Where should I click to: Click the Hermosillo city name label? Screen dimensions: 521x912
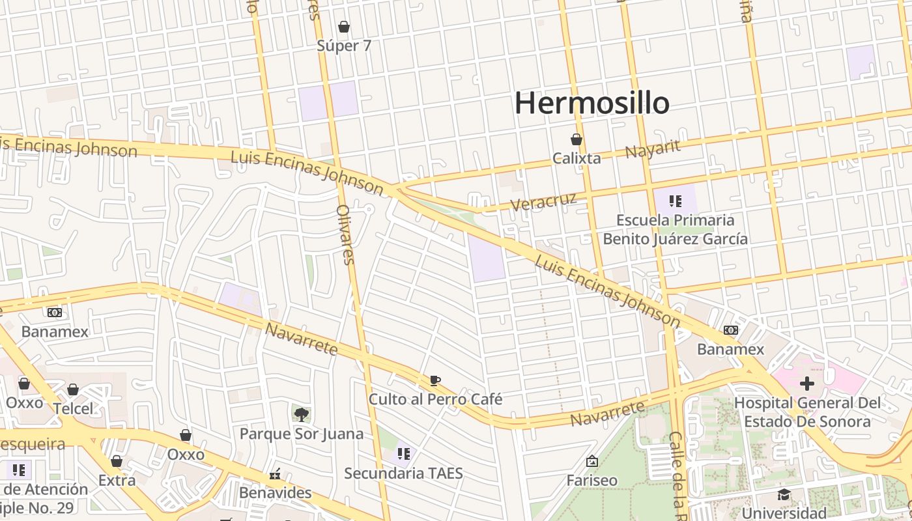(592, 103)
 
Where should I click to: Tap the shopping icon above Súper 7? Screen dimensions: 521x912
(344, 27)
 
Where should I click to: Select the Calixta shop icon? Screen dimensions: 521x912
(577, 139)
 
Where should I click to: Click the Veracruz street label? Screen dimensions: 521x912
(543, 201)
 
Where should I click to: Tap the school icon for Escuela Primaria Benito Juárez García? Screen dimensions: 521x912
(676, 201)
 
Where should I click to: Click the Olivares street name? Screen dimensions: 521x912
(345, 234)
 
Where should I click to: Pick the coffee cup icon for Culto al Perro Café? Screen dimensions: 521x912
(435, 380)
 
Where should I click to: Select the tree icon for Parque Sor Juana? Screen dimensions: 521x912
(301, 414)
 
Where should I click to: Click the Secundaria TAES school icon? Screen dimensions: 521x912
(403, 453)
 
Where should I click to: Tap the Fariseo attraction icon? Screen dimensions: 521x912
(592, 461)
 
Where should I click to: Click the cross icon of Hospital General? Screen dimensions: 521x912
(807, 383)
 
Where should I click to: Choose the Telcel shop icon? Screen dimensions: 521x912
(73, 389)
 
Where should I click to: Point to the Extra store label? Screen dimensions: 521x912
(117, 481)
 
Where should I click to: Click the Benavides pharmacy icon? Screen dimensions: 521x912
(275, 473)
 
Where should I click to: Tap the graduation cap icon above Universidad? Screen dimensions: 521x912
(784, 494)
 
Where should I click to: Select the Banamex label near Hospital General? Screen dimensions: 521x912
(730, 349)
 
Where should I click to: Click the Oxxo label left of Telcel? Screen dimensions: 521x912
(25, 402)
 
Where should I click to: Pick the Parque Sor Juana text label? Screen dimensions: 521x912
(302, 434)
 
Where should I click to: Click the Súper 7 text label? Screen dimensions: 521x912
(344, 46)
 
